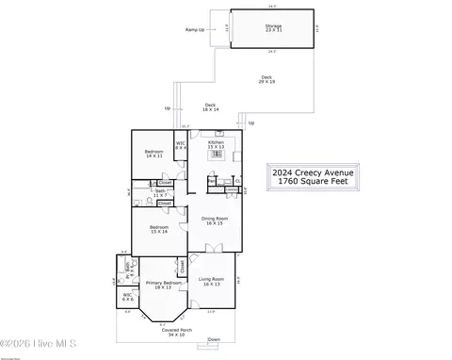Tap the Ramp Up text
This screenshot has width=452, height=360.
(x=196, y=30)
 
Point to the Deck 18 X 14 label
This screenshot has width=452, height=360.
(x=210, y=107)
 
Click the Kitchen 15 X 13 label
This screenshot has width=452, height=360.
(x=216, y=145)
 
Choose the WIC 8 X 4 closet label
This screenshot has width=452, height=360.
(x=181, y=145)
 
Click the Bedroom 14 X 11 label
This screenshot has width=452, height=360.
(x=153, y=154)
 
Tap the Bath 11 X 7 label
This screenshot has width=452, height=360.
(x=148, y=194)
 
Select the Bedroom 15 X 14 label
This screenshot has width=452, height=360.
(x=159, y=228)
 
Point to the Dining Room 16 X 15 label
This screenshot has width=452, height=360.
(x=215, y=221)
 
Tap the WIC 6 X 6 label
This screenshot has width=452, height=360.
(x=127, y=297)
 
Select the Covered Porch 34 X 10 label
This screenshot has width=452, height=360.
(x=176, y=332)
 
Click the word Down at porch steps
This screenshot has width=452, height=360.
(x=214, y=339)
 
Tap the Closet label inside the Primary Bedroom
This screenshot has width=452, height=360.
(x=182, y=268)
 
